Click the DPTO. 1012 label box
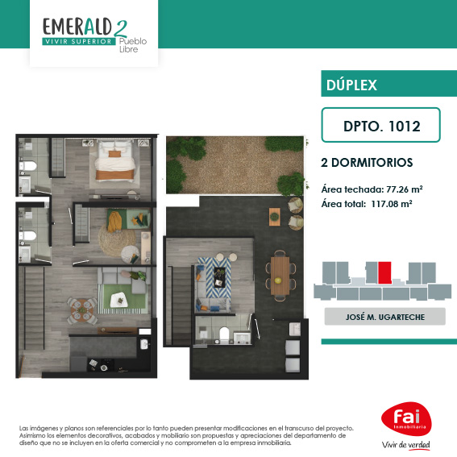[380, 125]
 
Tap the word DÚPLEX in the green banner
[351, 85]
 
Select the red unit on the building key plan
[384, 272]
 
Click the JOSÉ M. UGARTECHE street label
[385, 317]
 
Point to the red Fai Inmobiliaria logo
[406, 419]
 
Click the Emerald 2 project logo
[94, 35]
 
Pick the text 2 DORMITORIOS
[367, 163]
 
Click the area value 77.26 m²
[405, 189]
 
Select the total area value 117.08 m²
[392, 204]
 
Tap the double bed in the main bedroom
[114, 160]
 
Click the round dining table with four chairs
[82, 310]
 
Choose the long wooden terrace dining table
[280, 276]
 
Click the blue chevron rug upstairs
[214, 278]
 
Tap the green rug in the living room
[123, 298]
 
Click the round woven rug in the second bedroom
[117, 240]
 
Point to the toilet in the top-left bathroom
[28, 166]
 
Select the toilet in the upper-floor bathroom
[224, 334]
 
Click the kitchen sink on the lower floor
[145, 344]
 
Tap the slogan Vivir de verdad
[406, 445]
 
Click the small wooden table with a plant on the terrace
[274, 217]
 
